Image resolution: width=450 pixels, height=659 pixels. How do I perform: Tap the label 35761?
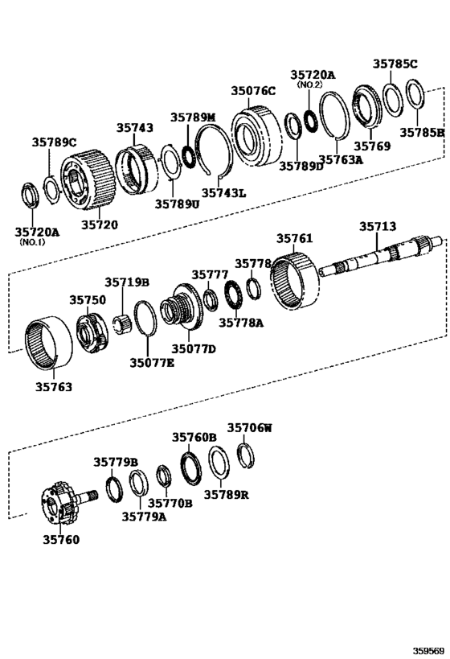pos(296,239)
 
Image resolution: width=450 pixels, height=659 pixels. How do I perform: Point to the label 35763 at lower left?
pos(53,387)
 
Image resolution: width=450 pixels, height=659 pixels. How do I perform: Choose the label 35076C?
pos(253,91)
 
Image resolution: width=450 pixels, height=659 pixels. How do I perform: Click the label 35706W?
pos(249,428)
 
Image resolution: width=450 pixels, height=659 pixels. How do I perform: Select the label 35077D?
pos(195,349)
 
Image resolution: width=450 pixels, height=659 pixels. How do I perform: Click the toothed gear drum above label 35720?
pos(85,176)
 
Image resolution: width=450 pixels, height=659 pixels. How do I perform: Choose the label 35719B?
pos(127,282)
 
